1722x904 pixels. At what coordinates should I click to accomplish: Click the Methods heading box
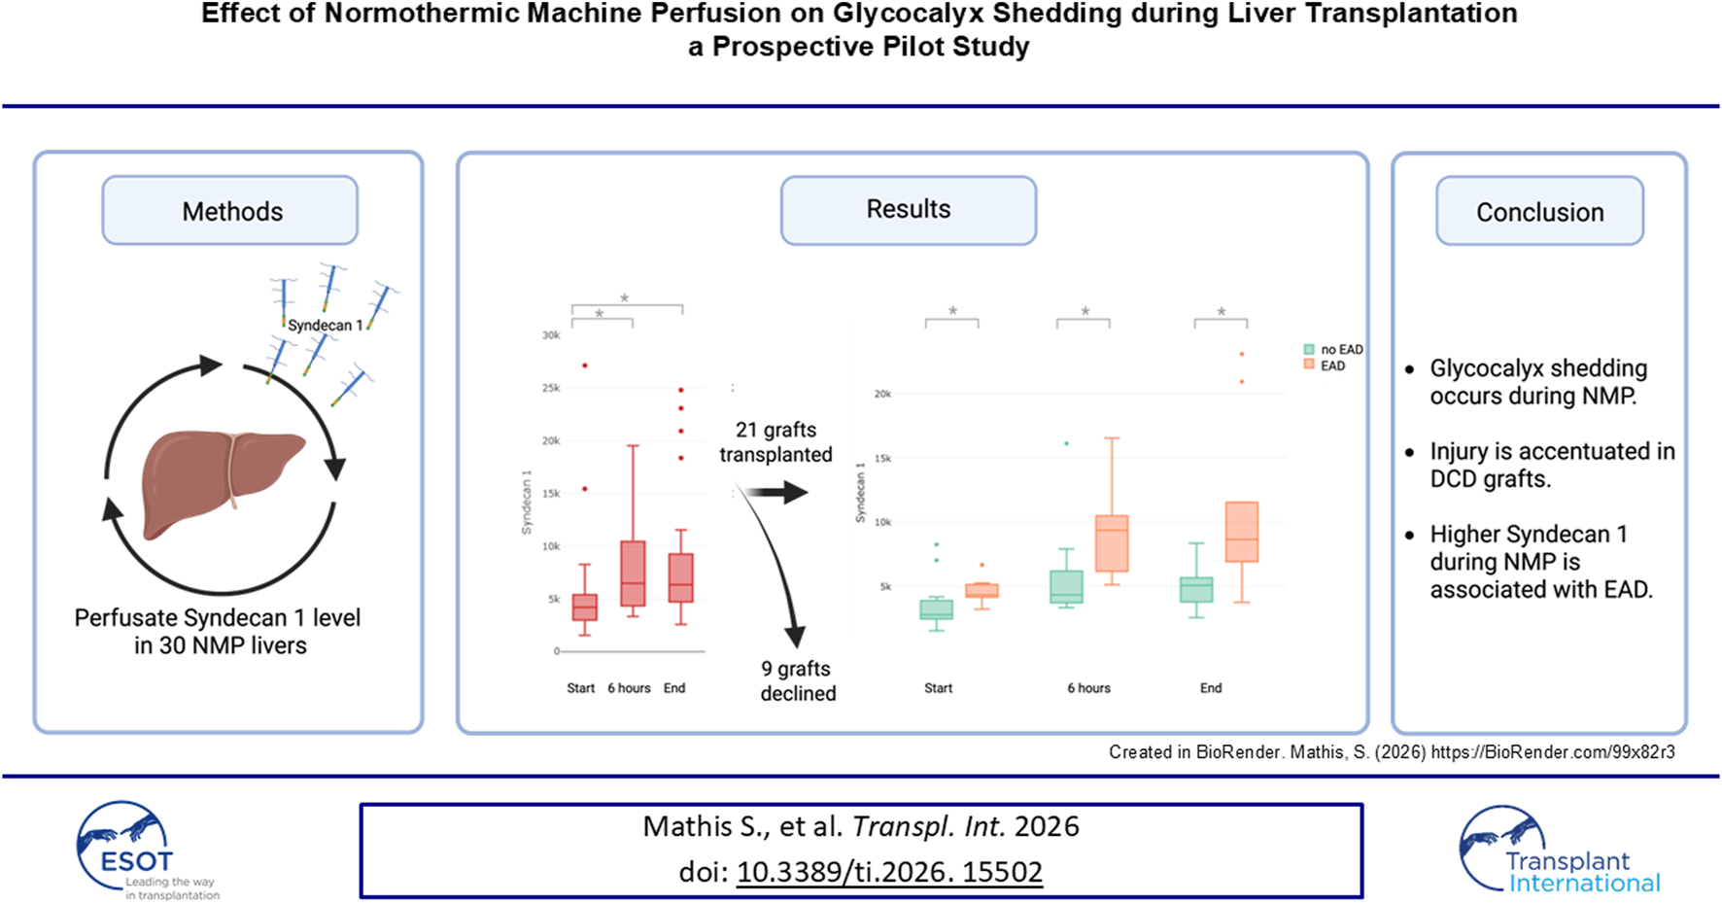click(x=230, y=210)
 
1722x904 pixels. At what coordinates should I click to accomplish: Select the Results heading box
click(x=908, y=209)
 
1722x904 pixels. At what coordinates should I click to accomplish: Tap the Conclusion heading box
click(x=1539, y=211)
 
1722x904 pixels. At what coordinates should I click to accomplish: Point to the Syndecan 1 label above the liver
click(x=325, y=326)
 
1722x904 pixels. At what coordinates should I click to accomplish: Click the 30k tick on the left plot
click(x=551, y=335)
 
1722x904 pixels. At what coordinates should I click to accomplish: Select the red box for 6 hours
click(x=633, y=574)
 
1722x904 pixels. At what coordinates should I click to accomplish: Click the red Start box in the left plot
click(x=584, y=608)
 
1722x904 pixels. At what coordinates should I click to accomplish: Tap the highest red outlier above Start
click(x=584, y=365)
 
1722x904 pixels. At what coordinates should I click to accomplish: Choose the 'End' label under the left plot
click(x=674, y=688)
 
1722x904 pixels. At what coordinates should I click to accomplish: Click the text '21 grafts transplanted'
click(x=775, y=442)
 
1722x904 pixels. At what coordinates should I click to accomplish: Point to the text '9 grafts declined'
click(x=797, y=680)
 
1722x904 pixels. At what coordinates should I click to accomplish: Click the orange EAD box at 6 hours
click(x=1112, y=543)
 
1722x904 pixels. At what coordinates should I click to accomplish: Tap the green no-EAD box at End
click(x=1196, y=589)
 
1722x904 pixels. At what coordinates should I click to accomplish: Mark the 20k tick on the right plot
click(x=882, y=394)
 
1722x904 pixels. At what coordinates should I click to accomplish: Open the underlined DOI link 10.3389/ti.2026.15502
click(x=889, y=872)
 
